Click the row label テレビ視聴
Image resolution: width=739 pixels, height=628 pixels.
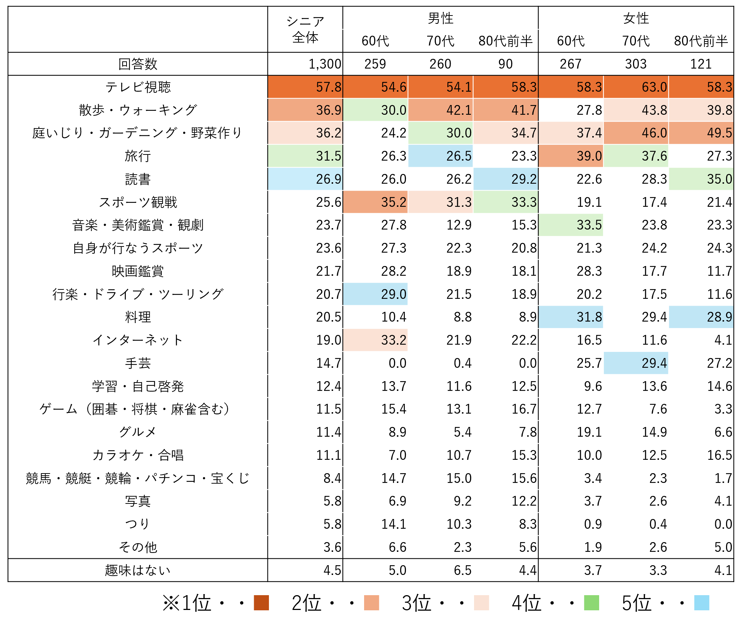(138, 87)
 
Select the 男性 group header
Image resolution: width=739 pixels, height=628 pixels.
(440, 18)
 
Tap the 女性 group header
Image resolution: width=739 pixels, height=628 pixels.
(636, 18)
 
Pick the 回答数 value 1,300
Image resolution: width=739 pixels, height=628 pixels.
(324, 64)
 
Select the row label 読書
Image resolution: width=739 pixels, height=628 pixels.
(138, 179)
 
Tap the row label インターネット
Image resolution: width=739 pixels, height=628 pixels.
(138, 340)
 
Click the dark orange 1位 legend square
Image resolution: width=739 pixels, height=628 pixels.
(261, 602)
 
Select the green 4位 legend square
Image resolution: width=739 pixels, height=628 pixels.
(592, 602)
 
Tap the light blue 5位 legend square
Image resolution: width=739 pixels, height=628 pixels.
(702, 602)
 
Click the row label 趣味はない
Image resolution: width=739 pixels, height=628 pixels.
(138, 570)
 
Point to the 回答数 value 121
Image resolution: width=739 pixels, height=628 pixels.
(701, 64)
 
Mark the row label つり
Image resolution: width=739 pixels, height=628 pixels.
(138, 524)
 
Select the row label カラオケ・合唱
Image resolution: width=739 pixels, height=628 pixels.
(138, 455)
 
